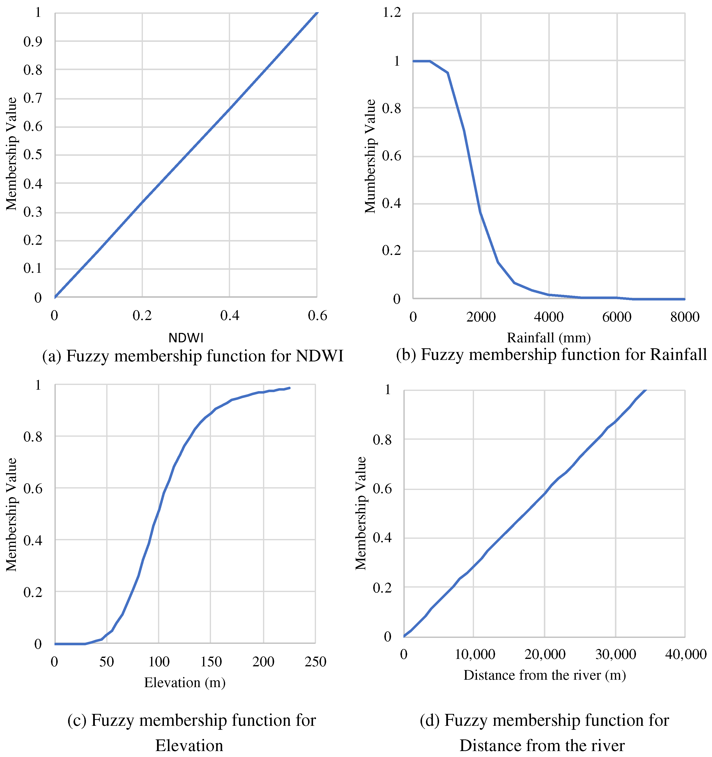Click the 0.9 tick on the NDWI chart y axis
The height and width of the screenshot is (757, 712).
point(33,42)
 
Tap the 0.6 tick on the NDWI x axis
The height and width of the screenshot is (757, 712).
point(317,315)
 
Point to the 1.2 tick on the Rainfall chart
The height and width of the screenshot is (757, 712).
point(392,13)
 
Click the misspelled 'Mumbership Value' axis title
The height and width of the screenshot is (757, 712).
point(370,156)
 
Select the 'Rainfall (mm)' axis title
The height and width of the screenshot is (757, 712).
point(549,337)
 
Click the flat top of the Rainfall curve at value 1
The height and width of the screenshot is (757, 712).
point(422,61)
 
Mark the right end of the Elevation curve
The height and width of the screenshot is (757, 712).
point(289,388)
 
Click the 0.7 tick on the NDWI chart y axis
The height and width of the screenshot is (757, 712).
point(33,98)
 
